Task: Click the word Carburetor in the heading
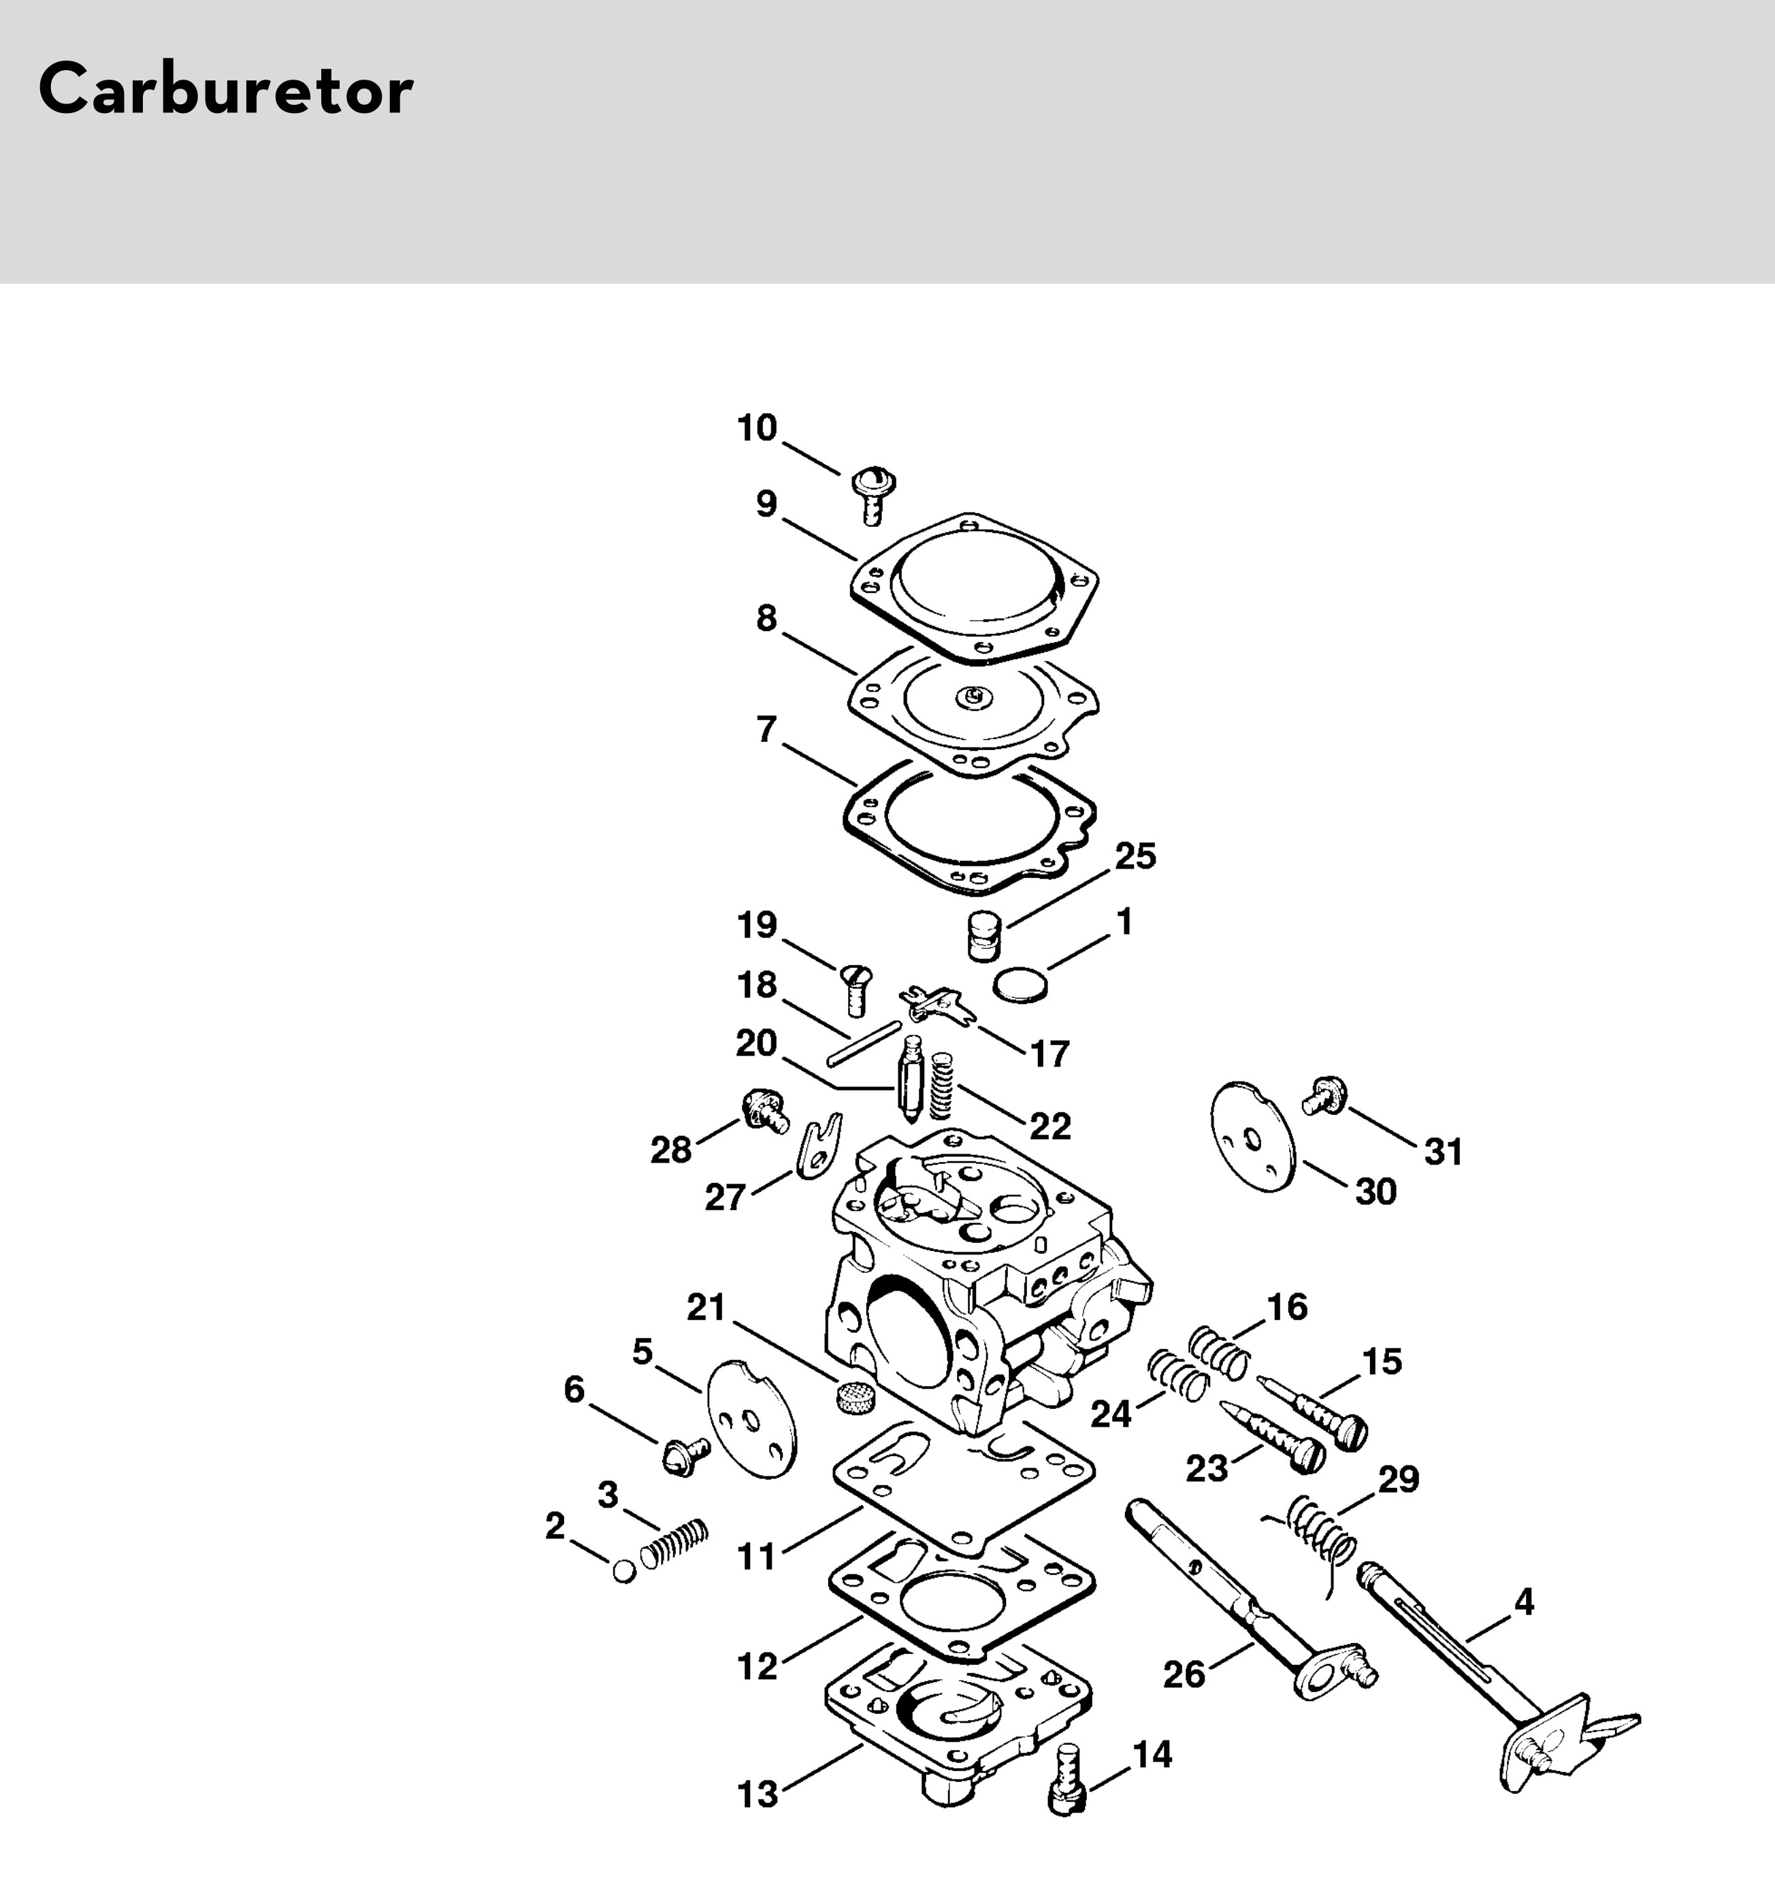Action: click(x=226, y=91)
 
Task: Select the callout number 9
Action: click(x=766, y=504)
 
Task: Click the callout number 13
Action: click(x=758, y=1795)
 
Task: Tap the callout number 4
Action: click(x=1523, y=1602)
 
